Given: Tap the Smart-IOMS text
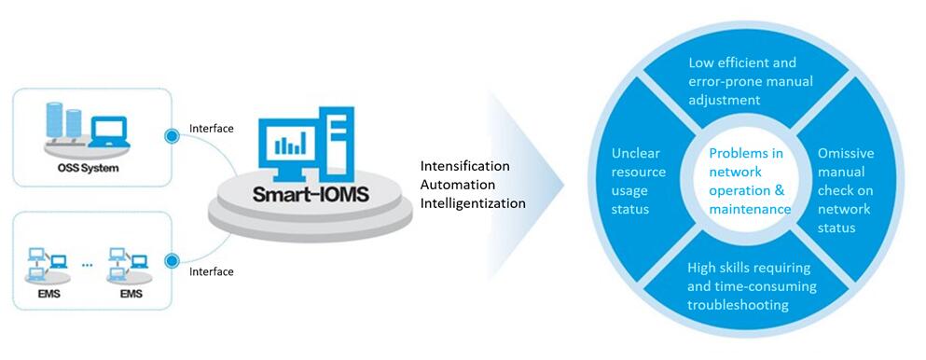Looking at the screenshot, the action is point(311,194).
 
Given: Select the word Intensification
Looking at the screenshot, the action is point(464,166).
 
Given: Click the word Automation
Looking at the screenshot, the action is point(458,185).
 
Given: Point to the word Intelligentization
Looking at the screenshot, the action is point(473,203).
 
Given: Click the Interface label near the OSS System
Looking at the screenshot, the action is point(211,128).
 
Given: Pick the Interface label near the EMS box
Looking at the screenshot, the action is point(211,271).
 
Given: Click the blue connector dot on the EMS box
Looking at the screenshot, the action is point(172,260).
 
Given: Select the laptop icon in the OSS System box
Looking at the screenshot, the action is point(109,132).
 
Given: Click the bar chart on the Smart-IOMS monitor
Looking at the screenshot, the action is point(292,142).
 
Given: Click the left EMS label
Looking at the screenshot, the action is point(48,293).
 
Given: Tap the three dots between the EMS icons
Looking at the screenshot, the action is point(88,265).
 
